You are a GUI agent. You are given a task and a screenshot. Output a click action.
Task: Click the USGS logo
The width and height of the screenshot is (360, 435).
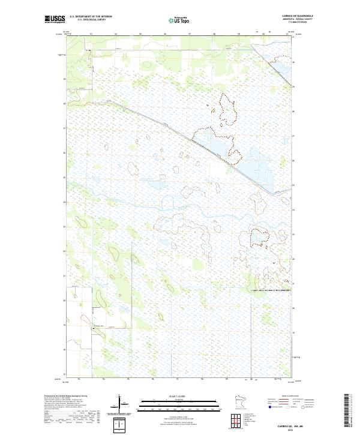click(x=55, y=19)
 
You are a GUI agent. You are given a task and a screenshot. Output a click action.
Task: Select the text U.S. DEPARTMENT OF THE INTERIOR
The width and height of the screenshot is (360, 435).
click(x=91, y=16)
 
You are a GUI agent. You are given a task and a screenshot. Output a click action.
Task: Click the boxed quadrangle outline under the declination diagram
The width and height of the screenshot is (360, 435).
click(x=122, y=425)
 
